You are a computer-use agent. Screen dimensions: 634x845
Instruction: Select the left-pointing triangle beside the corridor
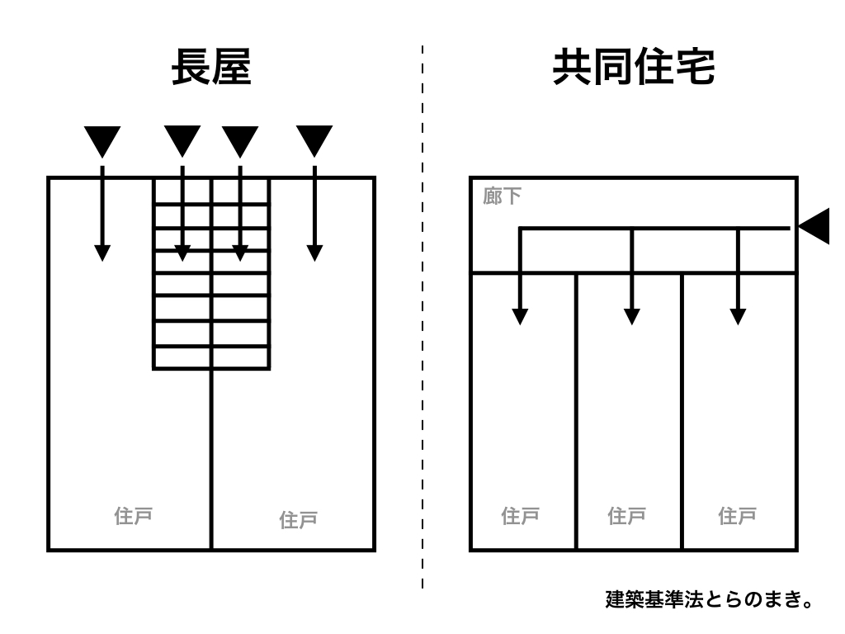[815, 226]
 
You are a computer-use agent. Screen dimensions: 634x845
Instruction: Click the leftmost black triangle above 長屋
[101, 141]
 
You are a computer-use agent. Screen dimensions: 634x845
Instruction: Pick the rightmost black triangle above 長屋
[314, 141]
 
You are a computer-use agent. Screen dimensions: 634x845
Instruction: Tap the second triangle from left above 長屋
[182, 141]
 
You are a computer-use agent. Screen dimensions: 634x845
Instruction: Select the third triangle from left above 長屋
[239, 141]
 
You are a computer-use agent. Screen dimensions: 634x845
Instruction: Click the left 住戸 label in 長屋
[133, 517]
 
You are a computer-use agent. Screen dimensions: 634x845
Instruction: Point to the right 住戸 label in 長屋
[299, 520]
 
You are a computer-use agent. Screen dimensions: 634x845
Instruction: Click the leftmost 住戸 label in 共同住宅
[521, 517]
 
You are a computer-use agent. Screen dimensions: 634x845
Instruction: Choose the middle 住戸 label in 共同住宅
[626, 517]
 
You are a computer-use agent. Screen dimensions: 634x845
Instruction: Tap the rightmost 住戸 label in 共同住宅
[738, 517]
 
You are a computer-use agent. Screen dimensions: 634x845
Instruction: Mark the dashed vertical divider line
[422, 330]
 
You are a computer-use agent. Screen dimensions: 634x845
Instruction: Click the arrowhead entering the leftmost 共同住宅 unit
[520, 315]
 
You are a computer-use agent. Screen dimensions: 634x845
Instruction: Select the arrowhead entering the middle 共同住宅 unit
[631, 315]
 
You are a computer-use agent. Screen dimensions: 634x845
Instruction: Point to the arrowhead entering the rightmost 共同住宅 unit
[738, 315]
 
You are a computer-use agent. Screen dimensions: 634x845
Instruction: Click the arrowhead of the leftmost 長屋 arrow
[101, 253]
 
